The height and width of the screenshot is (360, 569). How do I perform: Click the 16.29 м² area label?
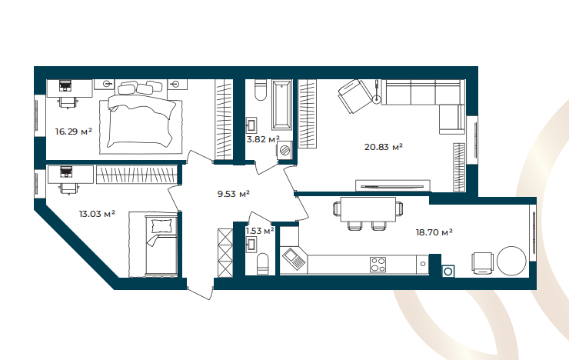click(73, 132)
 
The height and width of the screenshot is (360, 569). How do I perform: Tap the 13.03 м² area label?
click(97, 214)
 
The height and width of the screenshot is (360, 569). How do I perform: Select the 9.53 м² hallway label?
click(233, 194)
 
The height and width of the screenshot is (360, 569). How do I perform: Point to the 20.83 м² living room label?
click(383, 147)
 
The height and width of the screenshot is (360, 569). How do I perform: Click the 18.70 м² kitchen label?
click(434, 232)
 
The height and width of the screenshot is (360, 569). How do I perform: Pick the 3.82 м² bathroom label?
click(263, 139)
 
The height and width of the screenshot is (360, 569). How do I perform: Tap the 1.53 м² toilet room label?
click(259, 231)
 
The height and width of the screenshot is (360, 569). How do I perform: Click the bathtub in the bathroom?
click(282, 105)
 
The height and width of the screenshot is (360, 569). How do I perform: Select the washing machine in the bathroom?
click(284, 150)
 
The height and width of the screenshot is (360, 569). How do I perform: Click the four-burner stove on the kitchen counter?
click(378, 265)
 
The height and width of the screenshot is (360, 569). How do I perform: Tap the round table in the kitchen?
click(511, 261)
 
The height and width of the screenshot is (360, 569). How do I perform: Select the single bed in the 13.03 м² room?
click(161, 245)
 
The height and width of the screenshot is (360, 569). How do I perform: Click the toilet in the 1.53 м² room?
click(262, 264)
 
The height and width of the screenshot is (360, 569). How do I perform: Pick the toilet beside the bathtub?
click(261, 90)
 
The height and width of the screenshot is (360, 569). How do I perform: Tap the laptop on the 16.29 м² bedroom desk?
click(65, 85)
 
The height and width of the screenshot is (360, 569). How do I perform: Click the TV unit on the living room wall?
click(393, 186)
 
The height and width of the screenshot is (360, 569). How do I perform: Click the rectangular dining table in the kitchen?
click(368, 209)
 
